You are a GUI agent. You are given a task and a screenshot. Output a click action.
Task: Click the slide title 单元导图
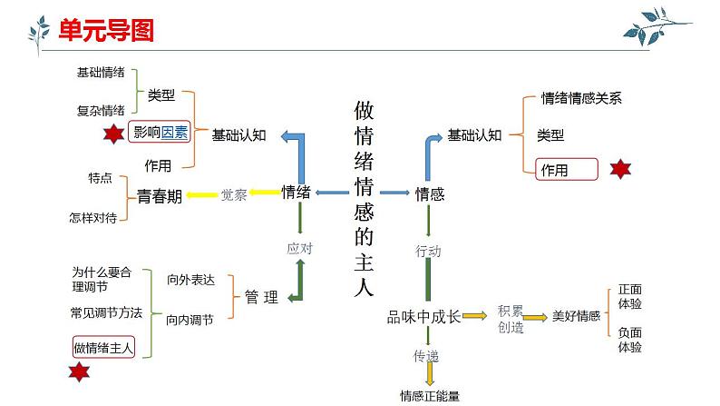coord(106,30)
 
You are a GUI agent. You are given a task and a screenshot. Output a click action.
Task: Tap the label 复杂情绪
coord(101,111)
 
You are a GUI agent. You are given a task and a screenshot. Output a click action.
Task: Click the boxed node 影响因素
coord(161,133)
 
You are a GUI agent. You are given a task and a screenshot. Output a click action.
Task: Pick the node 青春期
coord(160,194)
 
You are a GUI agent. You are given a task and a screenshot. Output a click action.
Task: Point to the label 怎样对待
coord(92,217)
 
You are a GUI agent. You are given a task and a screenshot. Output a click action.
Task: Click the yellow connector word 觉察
coord(234,193)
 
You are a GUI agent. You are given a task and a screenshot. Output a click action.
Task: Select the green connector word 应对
coord(299,247)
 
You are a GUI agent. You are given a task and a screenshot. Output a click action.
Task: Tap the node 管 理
coord(261,297)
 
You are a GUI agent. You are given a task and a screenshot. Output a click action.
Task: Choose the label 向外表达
coord(190,281)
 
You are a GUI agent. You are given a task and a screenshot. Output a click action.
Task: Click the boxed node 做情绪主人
coord(103,346)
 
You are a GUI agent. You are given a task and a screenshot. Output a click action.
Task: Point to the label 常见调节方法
coord(107,312)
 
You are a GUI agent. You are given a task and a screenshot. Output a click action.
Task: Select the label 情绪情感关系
coord(581,99)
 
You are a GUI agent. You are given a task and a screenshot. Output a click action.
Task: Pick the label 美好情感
coord(576,316)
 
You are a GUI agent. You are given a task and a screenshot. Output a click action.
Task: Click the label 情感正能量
coord(430,395)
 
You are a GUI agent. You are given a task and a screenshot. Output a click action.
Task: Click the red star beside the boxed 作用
coord(619,170)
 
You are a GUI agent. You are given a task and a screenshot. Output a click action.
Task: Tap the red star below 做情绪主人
coord(79,372)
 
